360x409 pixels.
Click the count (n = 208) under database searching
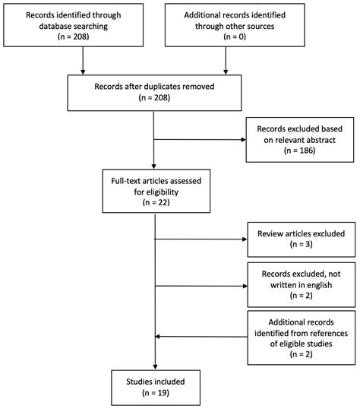pyautogui.click(x=73, y=36)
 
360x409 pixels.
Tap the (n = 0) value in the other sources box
pyautogui.click(x=235, y=36)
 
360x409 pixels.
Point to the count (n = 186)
pyautogui.click(x=299, y=151)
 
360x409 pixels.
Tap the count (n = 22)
pyautogui.click(x=156, y=202)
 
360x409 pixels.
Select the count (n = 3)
pyautogui.click(x=301, y=244)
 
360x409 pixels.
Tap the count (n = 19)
pyautogui.click(x=156, y=393)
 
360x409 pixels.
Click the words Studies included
pyautogui.click(x=156, y=382)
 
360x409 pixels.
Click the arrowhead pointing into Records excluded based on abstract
pyautogui.click(x=244, y=140)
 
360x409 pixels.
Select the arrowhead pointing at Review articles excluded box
pyautogui.click(x=245, y=239)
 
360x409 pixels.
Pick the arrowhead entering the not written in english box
pyautogui.click(x=245, y=286)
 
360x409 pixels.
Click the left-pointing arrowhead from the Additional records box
pyautogui.click(x=157, y=337)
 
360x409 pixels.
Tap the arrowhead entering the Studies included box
pyautogui.click(x=155, y=367)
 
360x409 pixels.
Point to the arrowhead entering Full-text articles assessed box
pyautogui.click(x=154, y=166)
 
